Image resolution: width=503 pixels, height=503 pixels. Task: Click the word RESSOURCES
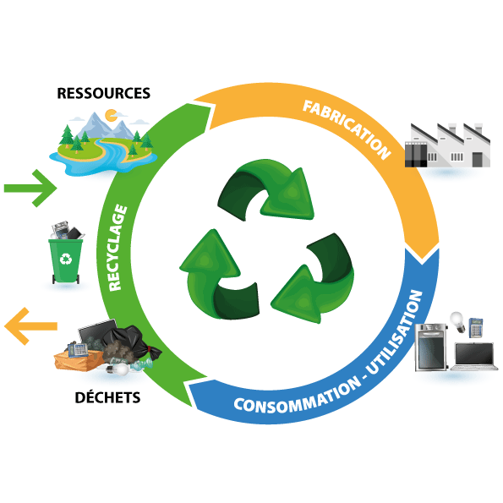pyautogui.click(x=103, y=93)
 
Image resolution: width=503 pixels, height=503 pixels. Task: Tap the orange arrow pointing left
pyautogui.click(x=30, y=325)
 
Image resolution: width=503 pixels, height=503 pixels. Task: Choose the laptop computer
pyautogui.click(x=475, y=356)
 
